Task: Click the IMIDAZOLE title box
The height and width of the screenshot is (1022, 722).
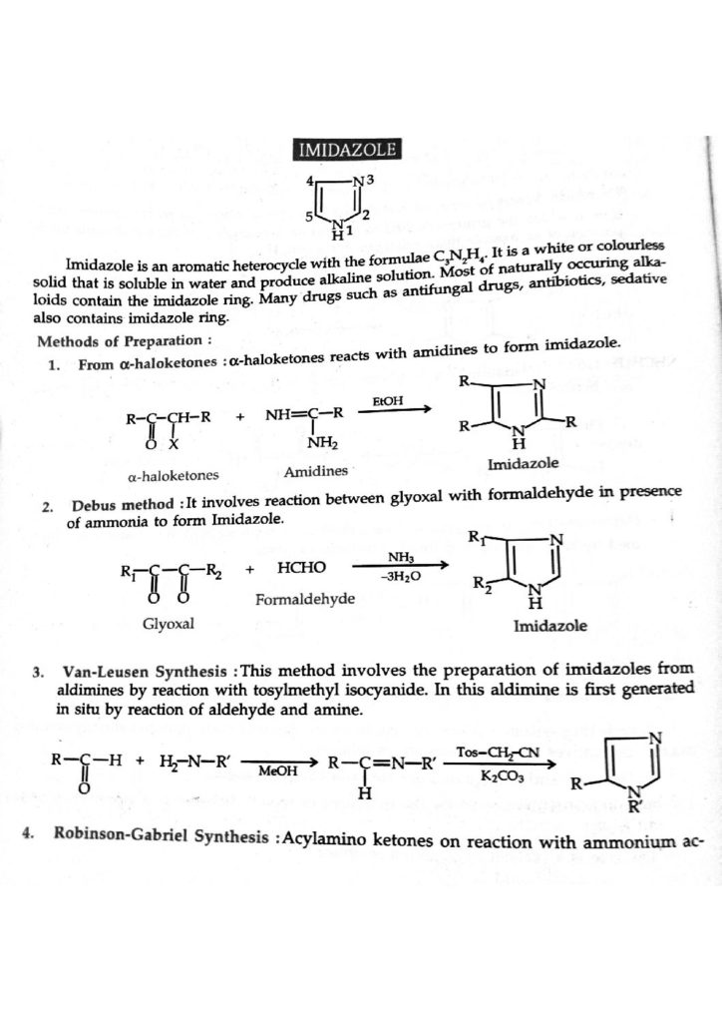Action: (x=347, y=151)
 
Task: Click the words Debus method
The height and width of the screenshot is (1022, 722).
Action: (x=117, y=506)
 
